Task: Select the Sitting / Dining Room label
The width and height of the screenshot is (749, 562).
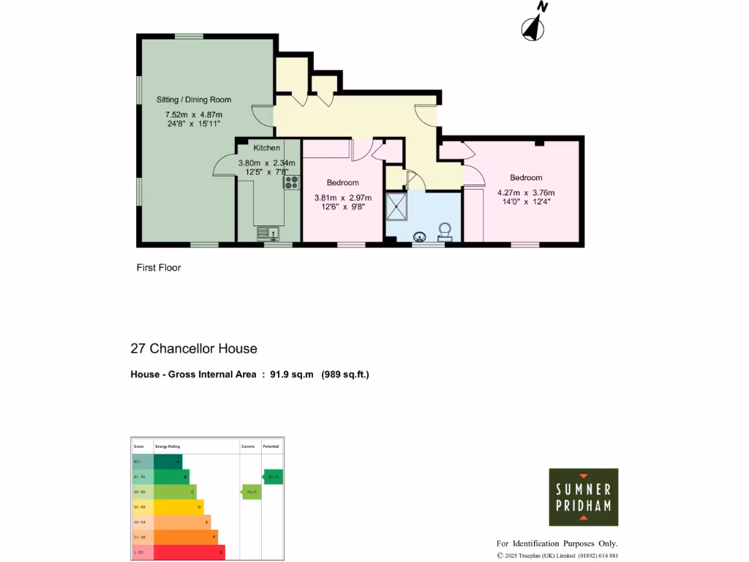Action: pyautogui.click(x=194, y=100)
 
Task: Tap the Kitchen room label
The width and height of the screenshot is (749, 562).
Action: pyautogui.click(x=267, y=148)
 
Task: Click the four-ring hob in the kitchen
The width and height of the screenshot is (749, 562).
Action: pyautogui.click(x=292, y=182)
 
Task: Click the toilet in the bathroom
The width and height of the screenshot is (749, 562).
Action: pyautogui.click(x=445, y=233)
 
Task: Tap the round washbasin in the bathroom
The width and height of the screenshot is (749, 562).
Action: pyautogui.click(x=421, y=236)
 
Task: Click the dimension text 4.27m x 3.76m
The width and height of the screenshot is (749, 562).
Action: pyautogui.click(x=525, y=192)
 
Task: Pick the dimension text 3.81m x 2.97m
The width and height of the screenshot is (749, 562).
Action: pyautogui.click(x=343, y=198)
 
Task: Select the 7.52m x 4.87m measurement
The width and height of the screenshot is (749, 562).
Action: pyautogui.click(x=194, y=115)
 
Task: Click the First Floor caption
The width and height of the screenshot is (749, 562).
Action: pyautogui.click(x=159, y=268)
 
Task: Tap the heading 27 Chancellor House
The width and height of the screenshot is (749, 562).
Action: pyautogui.click(x=194, y=349)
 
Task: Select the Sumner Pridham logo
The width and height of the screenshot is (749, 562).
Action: pyautogui.click(x=584, y=497)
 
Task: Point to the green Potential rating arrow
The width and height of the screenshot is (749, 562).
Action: pyautogui.click(x=272, y=477)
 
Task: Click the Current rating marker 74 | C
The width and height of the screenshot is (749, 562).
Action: pyautogui.click(x=251, y=492)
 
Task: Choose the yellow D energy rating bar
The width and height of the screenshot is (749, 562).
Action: pyautogui.click(x=178, y=506)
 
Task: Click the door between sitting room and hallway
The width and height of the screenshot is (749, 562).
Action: pyautogui.click(x=261, y=115)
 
